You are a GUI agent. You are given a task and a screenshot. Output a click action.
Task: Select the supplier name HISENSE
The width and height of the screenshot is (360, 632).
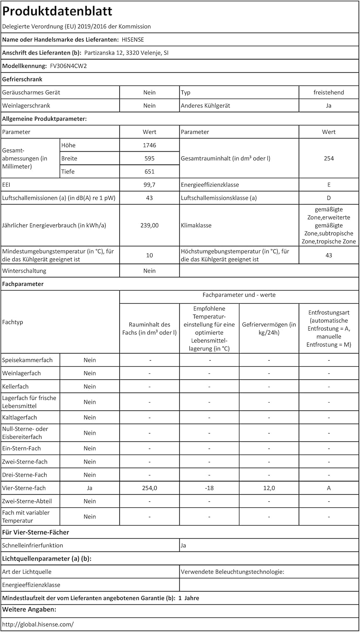(133, 40)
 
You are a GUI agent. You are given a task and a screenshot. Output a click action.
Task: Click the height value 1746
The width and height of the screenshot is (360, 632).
(149, 145)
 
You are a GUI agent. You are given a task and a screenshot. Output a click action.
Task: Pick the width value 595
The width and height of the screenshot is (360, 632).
(149, 158)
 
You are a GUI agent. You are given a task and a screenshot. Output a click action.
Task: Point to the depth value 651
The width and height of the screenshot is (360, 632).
(149, 171)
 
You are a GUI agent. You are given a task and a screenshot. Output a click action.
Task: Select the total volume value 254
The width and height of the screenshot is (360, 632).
(329, 158)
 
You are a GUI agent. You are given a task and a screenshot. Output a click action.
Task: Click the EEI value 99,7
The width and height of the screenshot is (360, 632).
(149, 185)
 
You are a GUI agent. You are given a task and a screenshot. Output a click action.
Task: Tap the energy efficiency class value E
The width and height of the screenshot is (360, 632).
(329, 185)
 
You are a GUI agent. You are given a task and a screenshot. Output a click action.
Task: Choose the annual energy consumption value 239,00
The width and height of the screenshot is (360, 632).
(149, 225)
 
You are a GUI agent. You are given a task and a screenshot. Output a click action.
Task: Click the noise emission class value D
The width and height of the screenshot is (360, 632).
(329, 198)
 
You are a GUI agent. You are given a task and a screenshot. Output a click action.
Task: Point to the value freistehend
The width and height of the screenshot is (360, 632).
(329, 92)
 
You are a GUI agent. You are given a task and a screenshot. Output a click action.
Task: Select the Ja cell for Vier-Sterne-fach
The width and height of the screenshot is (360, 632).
(89, 488)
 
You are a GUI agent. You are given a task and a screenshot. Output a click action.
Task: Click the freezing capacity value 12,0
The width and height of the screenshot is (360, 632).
(269, 488)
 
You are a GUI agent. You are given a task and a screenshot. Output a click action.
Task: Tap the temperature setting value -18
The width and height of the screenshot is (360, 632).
(209, 488)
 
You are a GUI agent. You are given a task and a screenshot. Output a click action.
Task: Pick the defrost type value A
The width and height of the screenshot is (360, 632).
(329, 488)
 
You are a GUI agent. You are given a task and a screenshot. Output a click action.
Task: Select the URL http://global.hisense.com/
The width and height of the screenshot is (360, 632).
(38, 624)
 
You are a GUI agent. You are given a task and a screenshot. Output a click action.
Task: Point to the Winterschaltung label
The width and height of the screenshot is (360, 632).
(24, 270)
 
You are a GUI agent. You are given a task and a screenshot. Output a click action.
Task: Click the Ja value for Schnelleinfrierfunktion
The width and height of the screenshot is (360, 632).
(183, 545)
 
